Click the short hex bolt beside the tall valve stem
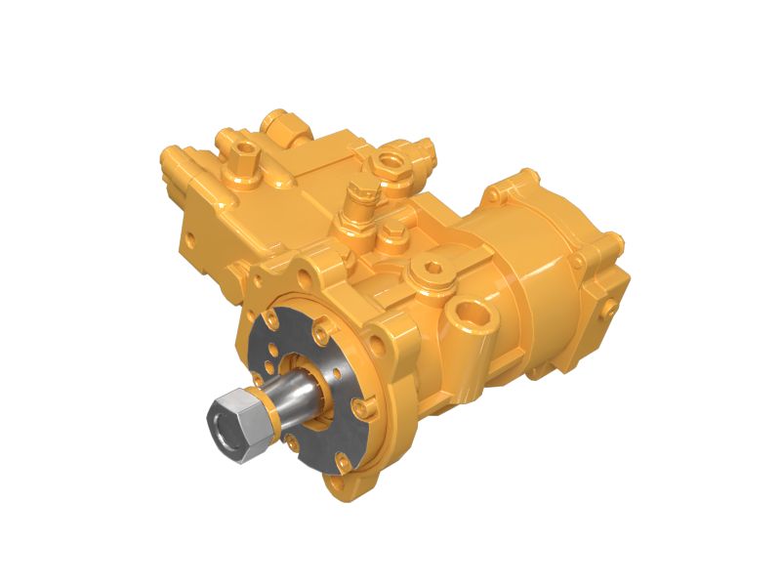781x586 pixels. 393,233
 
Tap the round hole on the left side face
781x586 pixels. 190,236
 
